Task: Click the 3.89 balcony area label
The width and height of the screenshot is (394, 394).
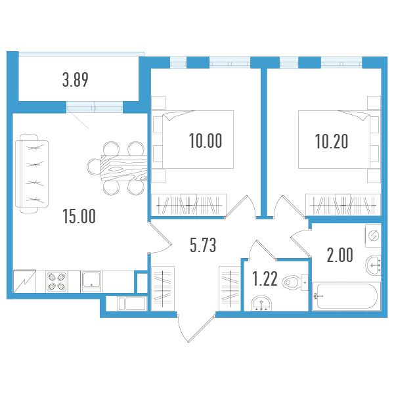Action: (x=76, y=81)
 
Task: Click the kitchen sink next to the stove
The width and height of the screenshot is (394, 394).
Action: (x=92, y=281)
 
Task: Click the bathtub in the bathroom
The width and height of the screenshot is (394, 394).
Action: (x=347, y=297)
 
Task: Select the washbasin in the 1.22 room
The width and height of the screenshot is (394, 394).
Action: (x=263, y=303)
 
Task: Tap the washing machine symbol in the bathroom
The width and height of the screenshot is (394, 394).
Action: (x=374, y=235)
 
